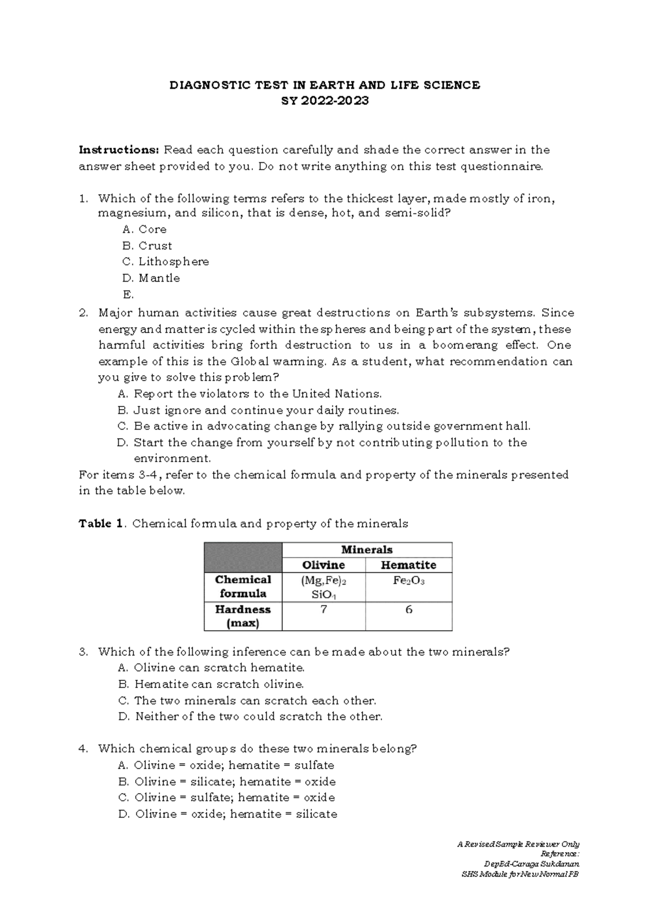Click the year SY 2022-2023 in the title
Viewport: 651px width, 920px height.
[x=324, y=101]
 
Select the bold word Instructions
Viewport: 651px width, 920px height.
[x=119, y=150]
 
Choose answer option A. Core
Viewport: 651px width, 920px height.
[x=144, y=229]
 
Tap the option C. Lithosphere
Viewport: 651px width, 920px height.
[x=165, y=261]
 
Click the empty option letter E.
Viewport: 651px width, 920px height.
[x=128, y=295]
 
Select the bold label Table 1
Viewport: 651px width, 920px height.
[x=103, y=523]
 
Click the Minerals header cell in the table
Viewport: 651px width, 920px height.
[x=367, y=550]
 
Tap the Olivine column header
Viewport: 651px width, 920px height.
[x=323, y=565]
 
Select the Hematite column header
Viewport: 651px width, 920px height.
[x=409, y=565]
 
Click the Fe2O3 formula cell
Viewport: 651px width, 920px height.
[x=409, y=581]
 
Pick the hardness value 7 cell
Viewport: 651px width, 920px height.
[x=324, y=610]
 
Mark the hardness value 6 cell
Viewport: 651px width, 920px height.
[x=409, y=610]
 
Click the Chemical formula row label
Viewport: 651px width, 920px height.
[x=243, y=586]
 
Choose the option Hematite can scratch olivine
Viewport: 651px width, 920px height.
[x=211, y=684]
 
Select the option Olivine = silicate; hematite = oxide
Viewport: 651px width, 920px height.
[x=227, y=782]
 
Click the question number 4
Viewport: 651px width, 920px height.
[x=83, y=749]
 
